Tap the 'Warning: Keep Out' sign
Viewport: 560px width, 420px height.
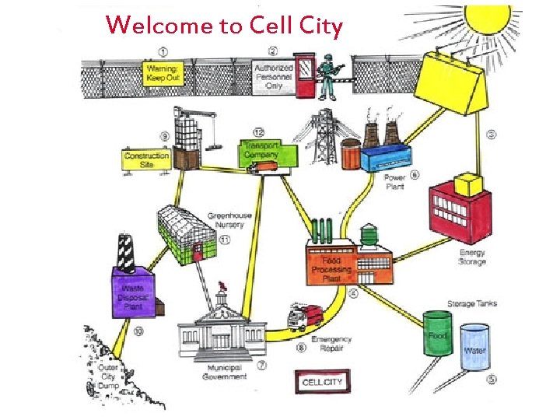point(164,75)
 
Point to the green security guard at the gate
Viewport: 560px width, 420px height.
point(329,75)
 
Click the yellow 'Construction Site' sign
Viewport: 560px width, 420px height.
point(146,160)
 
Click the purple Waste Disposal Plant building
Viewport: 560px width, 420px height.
point(135,292)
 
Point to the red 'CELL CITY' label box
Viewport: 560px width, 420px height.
point(322,382)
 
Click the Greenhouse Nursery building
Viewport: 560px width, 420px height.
point(187,235)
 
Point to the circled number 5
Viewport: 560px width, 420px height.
point(492,380)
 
